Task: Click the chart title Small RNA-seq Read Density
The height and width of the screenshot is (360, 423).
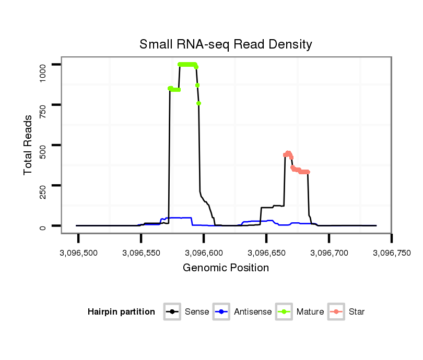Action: click(226, 44)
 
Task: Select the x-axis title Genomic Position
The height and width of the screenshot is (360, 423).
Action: click(226, 268)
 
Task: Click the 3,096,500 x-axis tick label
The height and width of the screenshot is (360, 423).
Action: click(78, 253)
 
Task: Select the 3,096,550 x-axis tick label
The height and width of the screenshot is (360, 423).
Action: click(141, 253)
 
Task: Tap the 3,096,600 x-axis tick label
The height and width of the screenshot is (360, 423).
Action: click(204, 253)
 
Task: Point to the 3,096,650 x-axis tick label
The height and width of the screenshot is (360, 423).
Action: click(266, 253)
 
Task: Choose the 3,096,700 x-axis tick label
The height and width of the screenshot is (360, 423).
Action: click(329, 253)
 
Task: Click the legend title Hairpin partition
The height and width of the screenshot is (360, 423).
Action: click(121, 312)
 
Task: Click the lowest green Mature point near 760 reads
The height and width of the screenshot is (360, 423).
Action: click(199, 103)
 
